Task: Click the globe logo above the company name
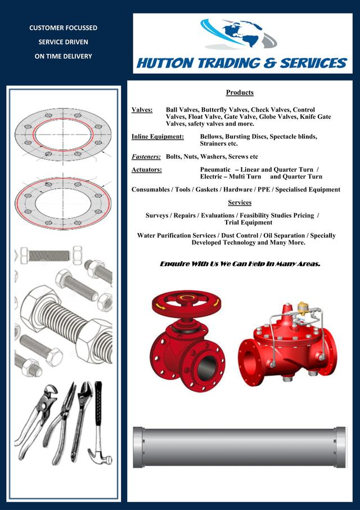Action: [x=239, y=34]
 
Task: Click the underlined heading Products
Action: [x=240, y=93]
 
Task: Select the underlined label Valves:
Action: [x=142, y=110]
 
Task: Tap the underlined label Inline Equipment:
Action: [x=157, y=137]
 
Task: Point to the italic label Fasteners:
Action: [x=146, y=157]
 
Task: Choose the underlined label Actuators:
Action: [x=147, y=170]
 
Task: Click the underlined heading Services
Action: [x=240, y=203]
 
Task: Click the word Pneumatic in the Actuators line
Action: [x=215, y=170]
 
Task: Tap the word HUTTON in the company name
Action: [x=165, y=63]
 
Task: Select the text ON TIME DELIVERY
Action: [x=64, y=56]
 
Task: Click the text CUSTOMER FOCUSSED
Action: [x=64, y=28]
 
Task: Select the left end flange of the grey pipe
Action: [x=138, y=447]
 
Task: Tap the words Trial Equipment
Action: [x=248, y=222]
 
